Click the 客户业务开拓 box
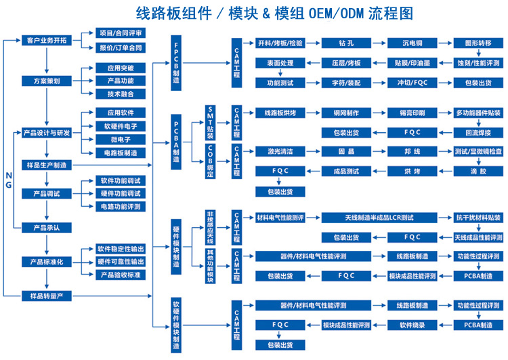(47, 41)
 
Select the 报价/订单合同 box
(120, 47)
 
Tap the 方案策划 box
(47, 81)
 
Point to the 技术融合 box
(120, 94)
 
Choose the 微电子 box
(120, 139)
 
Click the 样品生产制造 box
(47, 165)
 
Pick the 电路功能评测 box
(120, 206)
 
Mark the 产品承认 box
(47, 227)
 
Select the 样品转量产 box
(47, 296)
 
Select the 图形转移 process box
(478, 43)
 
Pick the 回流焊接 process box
(478, 132)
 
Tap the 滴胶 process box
(478, 172)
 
